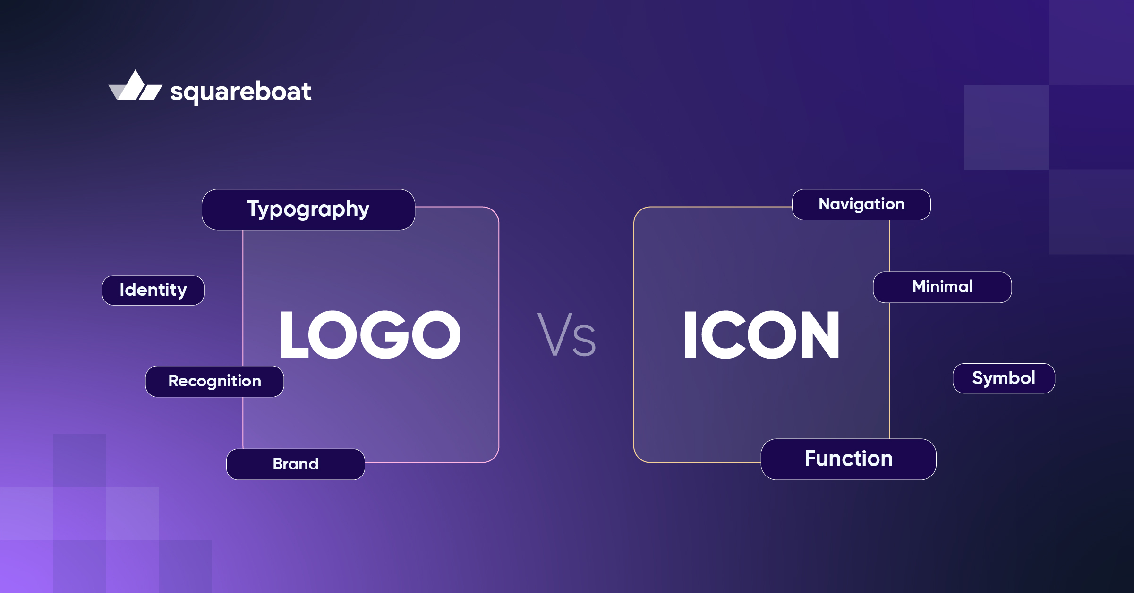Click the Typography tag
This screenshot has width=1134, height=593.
tap(308, 209)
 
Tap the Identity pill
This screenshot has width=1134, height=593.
tap(153, 290)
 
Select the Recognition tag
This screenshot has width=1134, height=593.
tap(214, 381)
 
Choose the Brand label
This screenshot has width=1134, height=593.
tap(296, 464)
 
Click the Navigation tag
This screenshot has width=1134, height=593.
tap(861, 204)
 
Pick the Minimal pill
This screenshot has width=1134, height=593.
tap(942, 287)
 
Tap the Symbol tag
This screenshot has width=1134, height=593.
tap(1004, 378)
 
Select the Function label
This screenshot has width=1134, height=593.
tap(848, 459)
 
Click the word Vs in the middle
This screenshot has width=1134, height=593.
tap(567, 335)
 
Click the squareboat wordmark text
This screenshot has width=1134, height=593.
tap(241, 92)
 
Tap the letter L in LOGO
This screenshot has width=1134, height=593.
tap(293, 335)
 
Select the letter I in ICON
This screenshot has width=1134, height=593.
tap(690, 335)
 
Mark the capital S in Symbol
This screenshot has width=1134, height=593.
tap(978, 378)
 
